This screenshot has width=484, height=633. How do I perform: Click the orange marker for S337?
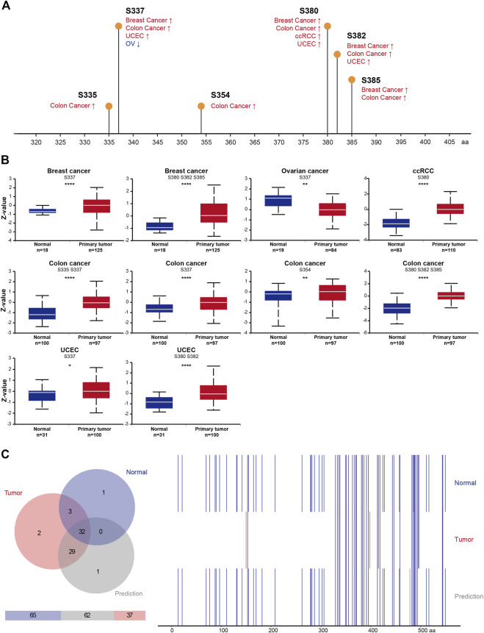[x=118, y=26]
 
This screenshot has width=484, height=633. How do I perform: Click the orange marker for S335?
[x=109, y=107]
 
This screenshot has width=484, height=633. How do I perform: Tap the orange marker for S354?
[x=201, y=107]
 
